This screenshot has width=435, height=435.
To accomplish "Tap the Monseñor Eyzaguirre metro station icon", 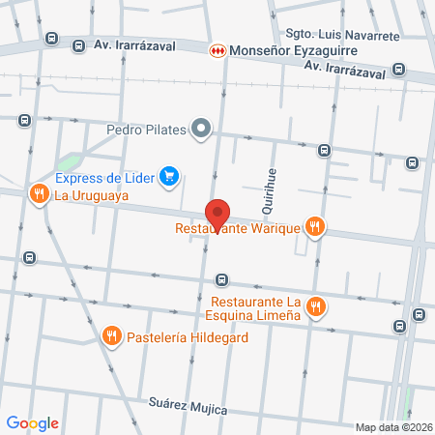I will pos(218,48).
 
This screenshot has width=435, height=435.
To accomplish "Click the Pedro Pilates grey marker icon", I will pos(202,128).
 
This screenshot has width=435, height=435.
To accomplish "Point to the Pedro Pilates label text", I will pos(147,129).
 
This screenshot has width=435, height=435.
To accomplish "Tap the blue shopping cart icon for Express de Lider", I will pos(170,176).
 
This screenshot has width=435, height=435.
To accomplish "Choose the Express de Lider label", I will pos(105,177).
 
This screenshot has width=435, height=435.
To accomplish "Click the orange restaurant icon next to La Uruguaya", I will pos(39,194).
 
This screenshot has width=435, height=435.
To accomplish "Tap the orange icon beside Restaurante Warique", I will pos(314,228).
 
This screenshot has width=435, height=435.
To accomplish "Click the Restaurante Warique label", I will pos(238,230).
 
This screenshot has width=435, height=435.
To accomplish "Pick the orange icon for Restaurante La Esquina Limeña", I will pos(314,306).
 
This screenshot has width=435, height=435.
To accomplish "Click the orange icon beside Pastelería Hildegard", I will pos(112,336).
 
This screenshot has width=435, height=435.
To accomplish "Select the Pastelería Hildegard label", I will pos(179,337).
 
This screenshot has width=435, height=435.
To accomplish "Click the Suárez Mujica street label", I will pos(188,407).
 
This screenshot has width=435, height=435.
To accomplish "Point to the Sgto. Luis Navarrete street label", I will pos(345,36).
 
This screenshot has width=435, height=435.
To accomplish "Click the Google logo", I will pos(33,422).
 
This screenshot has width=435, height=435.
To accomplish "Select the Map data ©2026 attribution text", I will pos(393,427).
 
